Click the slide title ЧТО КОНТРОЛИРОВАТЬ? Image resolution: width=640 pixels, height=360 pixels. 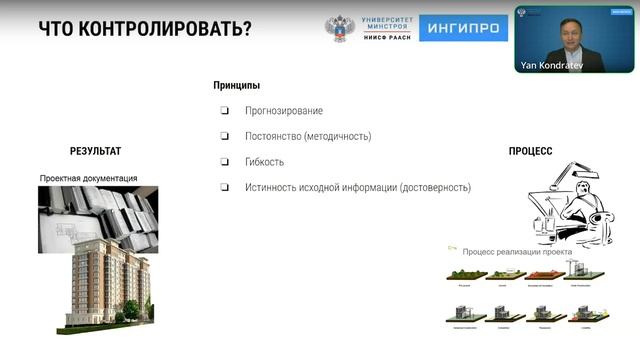click(x=144, y=27)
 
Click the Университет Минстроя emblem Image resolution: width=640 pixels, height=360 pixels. click(x=341, y=27)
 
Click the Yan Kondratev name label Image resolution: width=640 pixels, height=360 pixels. click(x=550, y=65)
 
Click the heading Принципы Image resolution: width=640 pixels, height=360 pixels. click(x=237, y=86)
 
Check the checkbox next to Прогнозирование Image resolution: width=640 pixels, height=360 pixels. click(x=225, y=111)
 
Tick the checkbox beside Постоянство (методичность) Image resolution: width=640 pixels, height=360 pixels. click(x=225, y=136)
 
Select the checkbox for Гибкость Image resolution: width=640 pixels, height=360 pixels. click(x=225, y=162)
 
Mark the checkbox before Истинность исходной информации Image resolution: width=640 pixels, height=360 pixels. click(x=225, y=187)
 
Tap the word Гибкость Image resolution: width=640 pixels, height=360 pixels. click(x=265, y=162)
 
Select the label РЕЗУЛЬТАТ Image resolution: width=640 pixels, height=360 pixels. click(x=95, y=151)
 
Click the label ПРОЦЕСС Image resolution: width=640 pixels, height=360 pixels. click(x=530, y=152)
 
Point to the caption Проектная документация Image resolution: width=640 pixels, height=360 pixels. click(x=89, y=178)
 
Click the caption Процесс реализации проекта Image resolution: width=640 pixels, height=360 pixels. click(x=517, y=252)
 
